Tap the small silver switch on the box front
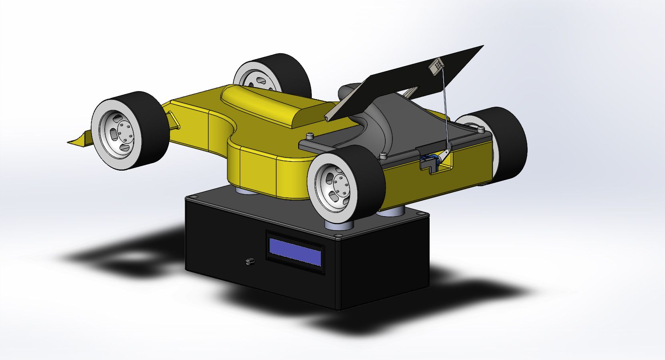pyautogui.click(x=250, y=262)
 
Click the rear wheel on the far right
pyautogui.click(x=508, y=144)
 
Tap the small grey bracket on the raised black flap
pyautogui.click(x=436, y=65)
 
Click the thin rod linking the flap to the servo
pyautogui.click(x=444, y=108)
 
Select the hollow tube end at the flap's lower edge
pyautogui.click(x=327, y=118)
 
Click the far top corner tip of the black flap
pyautogui.click(x=483, y=46)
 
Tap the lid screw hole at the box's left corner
pyautogui.click(x=191, y=197)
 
